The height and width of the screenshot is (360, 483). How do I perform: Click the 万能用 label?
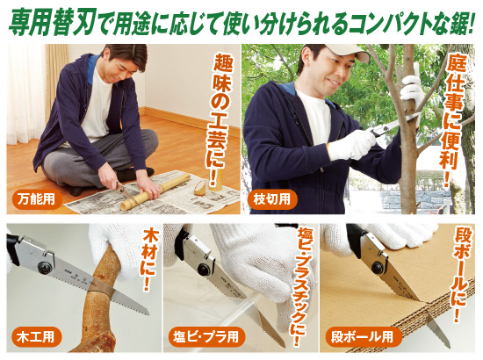(x=36, y=199)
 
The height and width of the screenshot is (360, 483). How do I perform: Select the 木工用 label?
(x=36, y=336)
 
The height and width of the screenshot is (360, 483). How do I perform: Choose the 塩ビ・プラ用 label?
(x=203, y=336)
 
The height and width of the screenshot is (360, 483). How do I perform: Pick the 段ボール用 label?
(x=361, y=336)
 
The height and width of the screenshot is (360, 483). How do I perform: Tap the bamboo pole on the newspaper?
(x=154, y=191)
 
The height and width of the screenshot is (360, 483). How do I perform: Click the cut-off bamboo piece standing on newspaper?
(x=200, y=185)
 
